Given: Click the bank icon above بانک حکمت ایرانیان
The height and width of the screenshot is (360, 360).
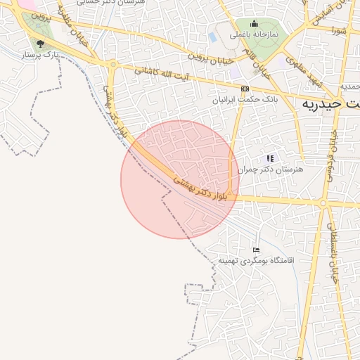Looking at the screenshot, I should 245,89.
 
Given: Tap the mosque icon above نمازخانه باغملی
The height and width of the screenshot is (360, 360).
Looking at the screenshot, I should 254,24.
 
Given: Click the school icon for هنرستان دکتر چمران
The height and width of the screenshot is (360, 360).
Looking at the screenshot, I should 270,158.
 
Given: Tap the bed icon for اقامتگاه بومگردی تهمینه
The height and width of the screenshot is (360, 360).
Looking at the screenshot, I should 256,250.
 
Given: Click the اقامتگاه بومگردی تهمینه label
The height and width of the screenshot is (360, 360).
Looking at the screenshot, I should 258,261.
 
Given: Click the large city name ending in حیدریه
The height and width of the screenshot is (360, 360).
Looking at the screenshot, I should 331,103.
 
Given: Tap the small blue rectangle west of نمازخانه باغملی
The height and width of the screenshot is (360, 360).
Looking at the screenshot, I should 213,38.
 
